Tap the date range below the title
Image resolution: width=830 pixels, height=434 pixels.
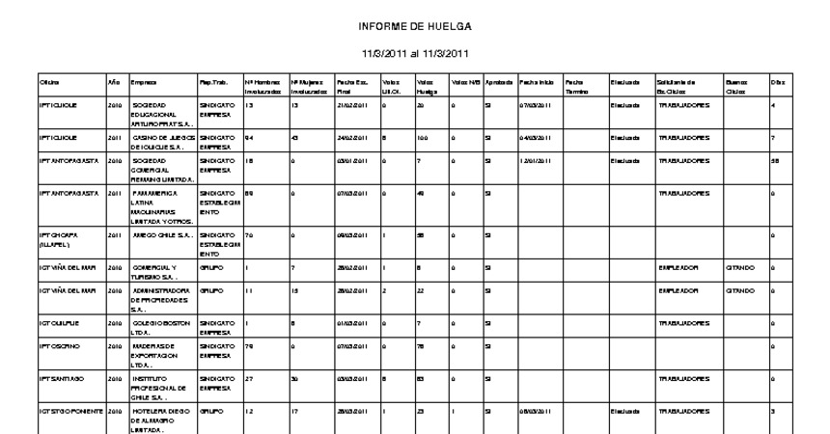click(415, 54)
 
